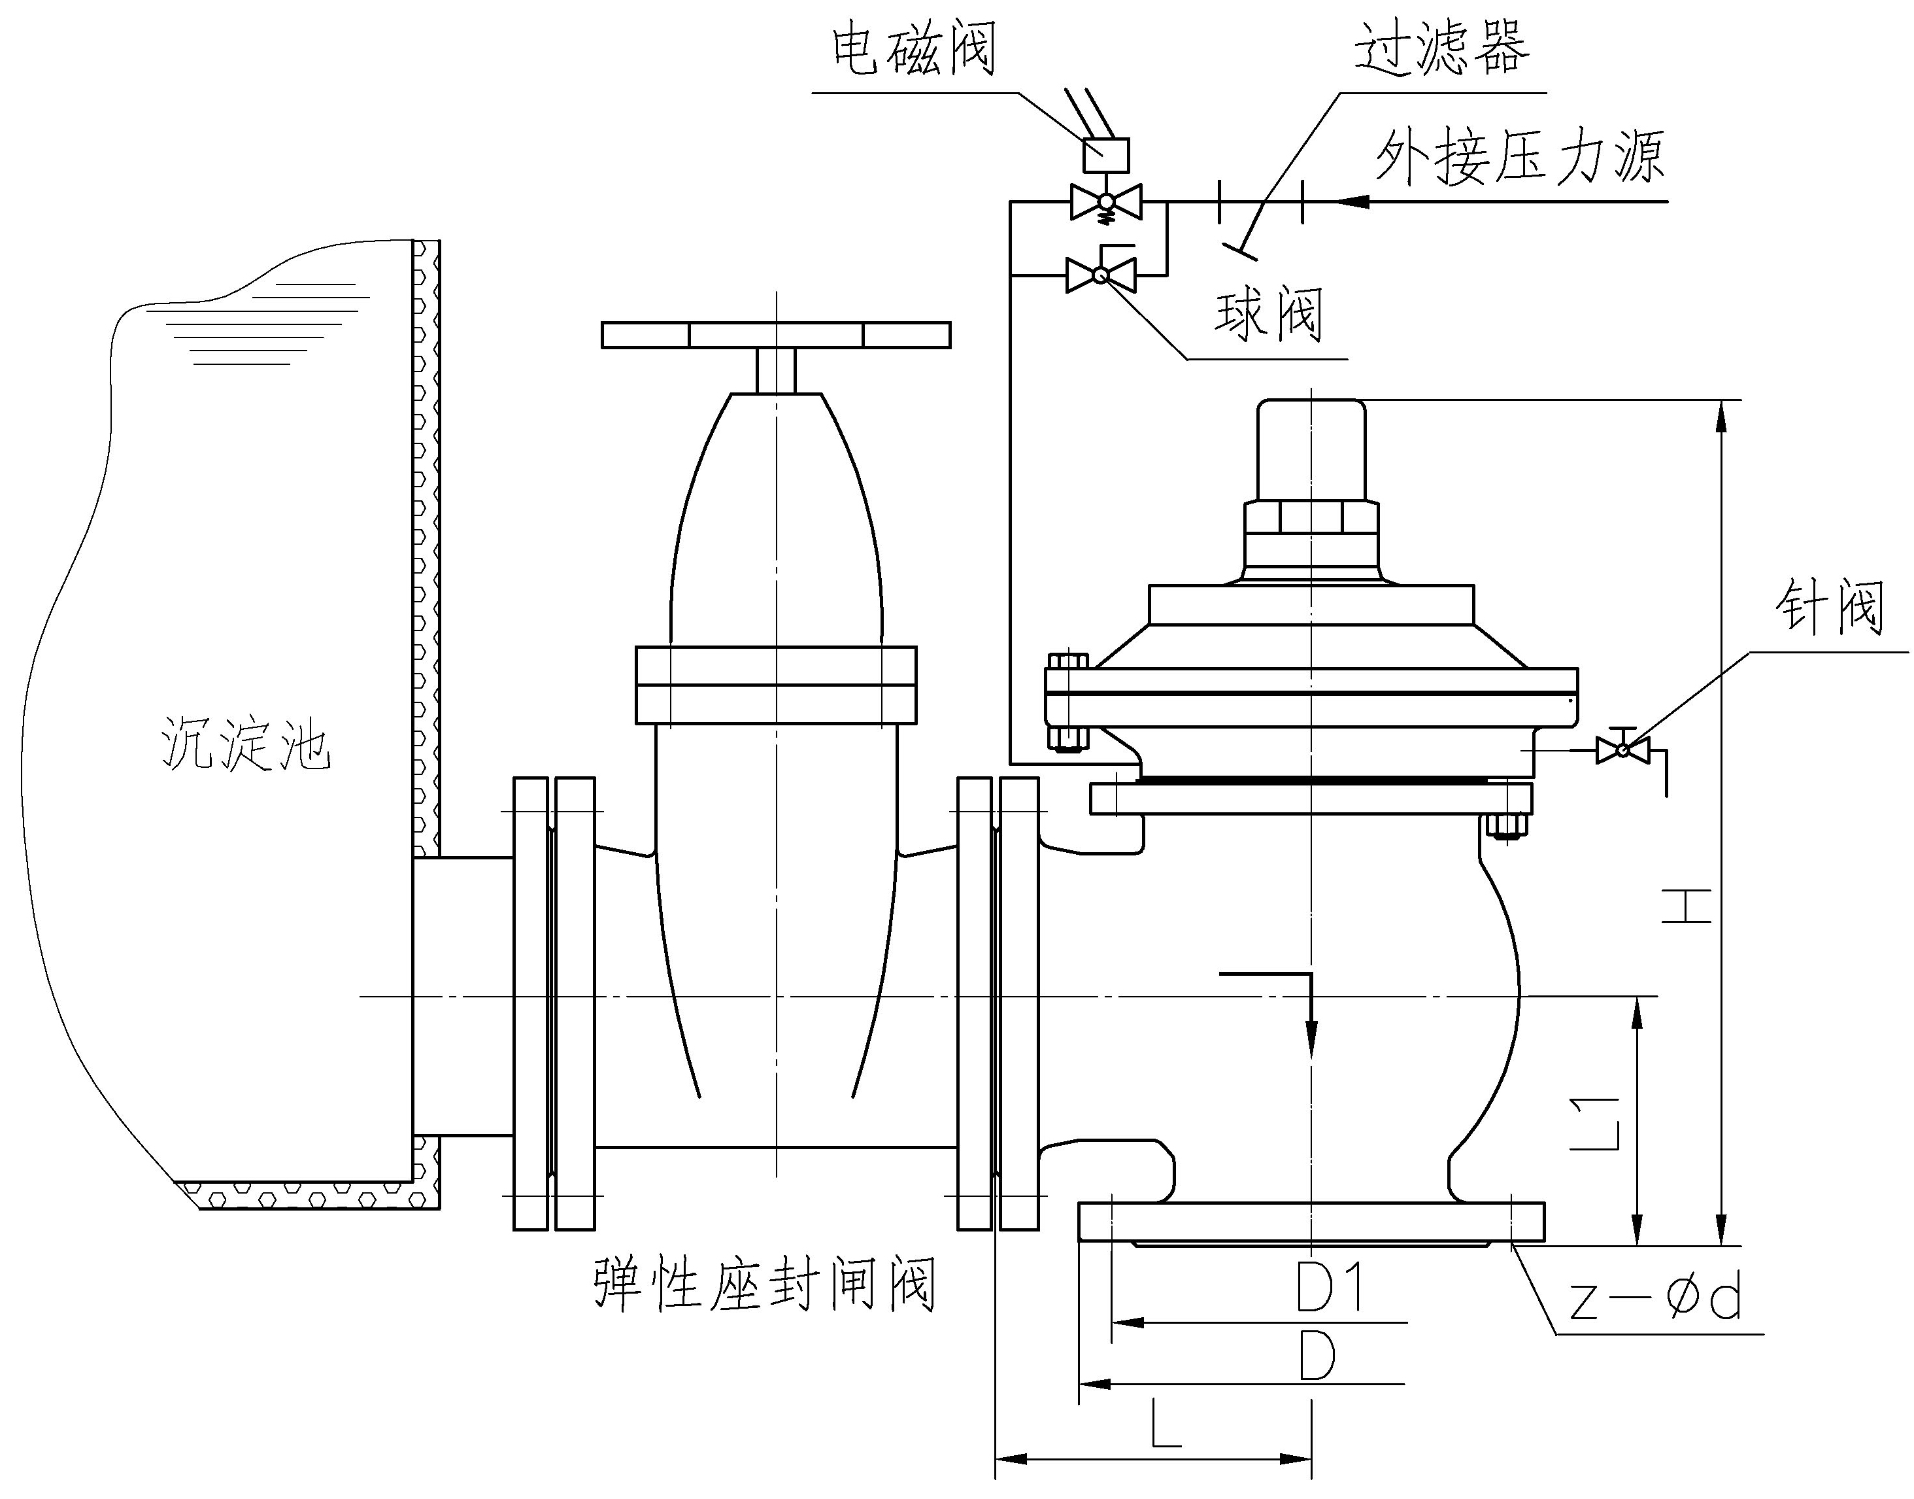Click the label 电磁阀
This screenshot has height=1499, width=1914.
pyautogui.click(x=913, y=49)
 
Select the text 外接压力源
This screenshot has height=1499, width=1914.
pyautogui.click(x=1519, y=158)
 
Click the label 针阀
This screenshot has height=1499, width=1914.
pyautogui.click(x=1831, y=608)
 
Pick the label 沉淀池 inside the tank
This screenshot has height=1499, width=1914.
pyautogui.click(x=246, y=744)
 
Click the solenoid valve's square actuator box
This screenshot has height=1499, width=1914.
pyautogui.click(x=1106, y=156)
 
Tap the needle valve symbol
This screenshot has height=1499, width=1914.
pyautogui.click(x=1622, y=749)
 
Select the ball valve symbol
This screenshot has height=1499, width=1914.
pyautogui.click(x=1101, y=275)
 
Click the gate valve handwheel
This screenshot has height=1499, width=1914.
pyautogui.click(x=775, y=336)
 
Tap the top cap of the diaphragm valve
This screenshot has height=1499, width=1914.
pyautogui.click(x=1311, y=447)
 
